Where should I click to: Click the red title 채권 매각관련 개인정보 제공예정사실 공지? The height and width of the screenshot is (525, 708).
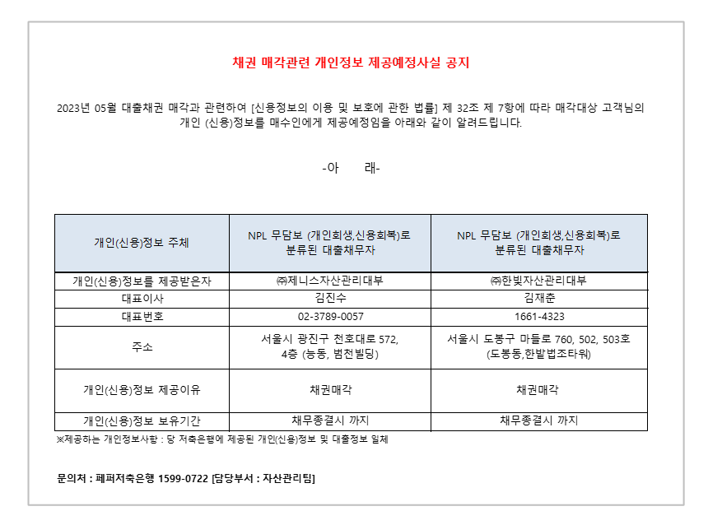click(x=351, y=63)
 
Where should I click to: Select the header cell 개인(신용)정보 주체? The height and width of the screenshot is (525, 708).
click(x=142, y=243)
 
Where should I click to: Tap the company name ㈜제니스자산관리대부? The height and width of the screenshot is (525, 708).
click(x=330, y=281)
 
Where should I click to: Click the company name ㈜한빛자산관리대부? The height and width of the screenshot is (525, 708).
click(x=538, y=281)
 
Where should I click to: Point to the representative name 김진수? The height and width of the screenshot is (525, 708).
click(x=330, y=298)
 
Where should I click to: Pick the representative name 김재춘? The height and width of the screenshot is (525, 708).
click(x=539, y=298)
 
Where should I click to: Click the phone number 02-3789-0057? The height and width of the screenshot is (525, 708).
click(x=330, y=317)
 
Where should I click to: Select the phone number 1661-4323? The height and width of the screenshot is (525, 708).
click(x=539, y=317)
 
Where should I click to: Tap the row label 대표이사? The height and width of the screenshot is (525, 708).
click(x=142, y=299)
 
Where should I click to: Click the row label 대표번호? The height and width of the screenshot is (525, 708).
click(x=142, y=317)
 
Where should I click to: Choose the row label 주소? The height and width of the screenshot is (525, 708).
click(x=142, y=347)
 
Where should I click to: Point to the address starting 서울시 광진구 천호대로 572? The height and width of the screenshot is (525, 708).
click(x=330, y=346)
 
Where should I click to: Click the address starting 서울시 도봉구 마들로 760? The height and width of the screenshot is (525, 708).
click(x=538, y=346)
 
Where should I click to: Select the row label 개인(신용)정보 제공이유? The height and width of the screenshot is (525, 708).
click(x=142, y=390)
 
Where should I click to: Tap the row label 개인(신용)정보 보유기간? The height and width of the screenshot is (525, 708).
click(x=142, y=421)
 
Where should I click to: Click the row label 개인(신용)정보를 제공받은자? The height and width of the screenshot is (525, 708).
click(x=142, y=281)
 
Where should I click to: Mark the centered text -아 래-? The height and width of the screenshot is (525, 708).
click(x=351, y=169)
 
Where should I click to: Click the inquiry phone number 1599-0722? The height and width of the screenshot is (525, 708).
click(x=183, y=478)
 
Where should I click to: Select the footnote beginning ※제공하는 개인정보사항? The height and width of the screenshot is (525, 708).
click(x=222, y=439)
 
